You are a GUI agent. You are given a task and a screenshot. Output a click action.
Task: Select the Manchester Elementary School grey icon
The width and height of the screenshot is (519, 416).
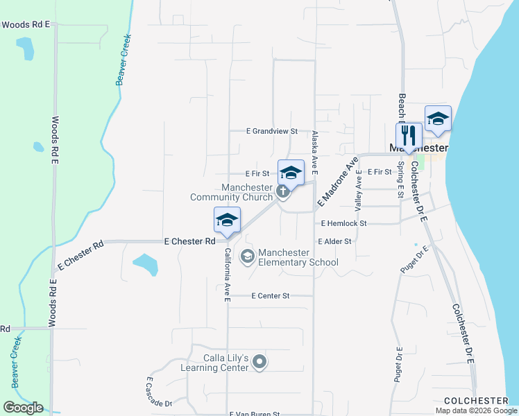tap(247, 257)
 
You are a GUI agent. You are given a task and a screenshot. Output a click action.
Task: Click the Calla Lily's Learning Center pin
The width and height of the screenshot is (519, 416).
tap(259, 361)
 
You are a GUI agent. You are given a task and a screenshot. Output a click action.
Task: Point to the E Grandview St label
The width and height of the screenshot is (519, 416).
tap(272, 130)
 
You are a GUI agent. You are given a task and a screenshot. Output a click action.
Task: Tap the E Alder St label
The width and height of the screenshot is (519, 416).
tap(335, 241)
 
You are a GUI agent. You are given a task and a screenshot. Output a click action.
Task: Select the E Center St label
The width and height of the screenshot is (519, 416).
tap(266, 295)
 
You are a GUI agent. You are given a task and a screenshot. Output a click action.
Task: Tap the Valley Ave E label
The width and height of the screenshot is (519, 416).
tap(359, 191)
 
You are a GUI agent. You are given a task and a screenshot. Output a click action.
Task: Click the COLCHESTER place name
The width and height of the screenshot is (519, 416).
tap(476, 401)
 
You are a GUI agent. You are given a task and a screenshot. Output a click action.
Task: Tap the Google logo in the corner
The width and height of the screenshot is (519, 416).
tap(23, 408)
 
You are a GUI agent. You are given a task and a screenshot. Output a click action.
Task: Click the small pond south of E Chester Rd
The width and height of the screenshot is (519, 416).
tap(145, 263)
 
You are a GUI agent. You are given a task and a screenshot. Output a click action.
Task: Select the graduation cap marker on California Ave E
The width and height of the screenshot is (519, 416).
tap(227, 219)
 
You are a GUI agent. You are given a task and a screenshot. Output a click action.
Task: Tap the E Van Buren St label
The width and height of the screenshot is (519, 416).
tap(255, 413)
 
